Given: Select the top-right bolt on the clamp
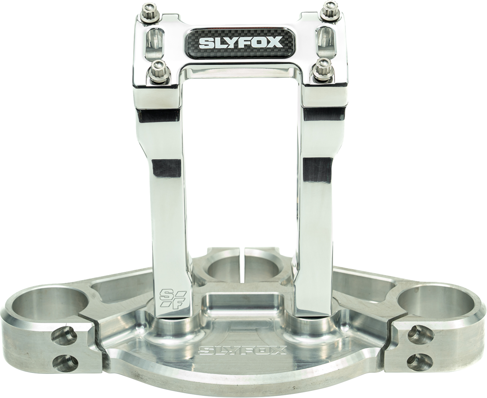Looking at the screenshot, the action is click(x=331, y=10).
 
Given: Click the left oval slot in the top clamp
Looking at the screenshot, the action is click(x=155, y=41).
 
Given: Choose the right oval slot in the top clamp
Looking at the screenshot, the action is click(x=326, y=39).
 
